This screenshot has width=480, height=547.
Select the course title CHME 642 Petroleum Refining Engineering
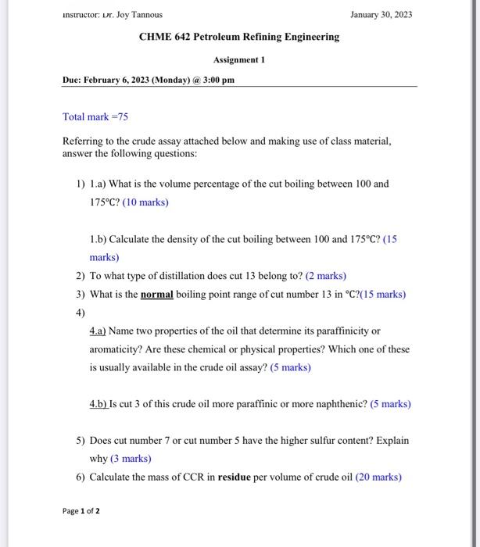pyautogui.click(x=239, y=37)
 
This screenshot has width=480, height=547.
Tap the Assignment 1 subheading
pyautogui.click(x=239, y=59)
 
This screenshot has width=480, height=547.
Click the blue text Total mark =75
pyautogui.click(x=95, y=116)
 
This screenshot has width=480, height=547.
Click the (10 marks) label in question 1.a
pyautogui.click(x=145, y=202)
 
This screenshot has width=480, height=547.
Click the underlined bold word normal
pyautogui.click(x=157, y=295)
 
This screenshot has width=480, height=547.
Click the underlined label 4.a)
pyautogui.click(x=99, y=331)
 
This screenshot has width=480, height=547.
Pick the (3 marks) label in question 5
pyautogui.click(x=131, y=459)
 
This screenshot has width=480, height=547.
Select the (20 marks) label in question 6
pyautogui.click(x=378, y=477)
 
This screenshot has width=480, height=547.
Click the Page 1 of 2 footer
pyautogui.click(x=81, y=511)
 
